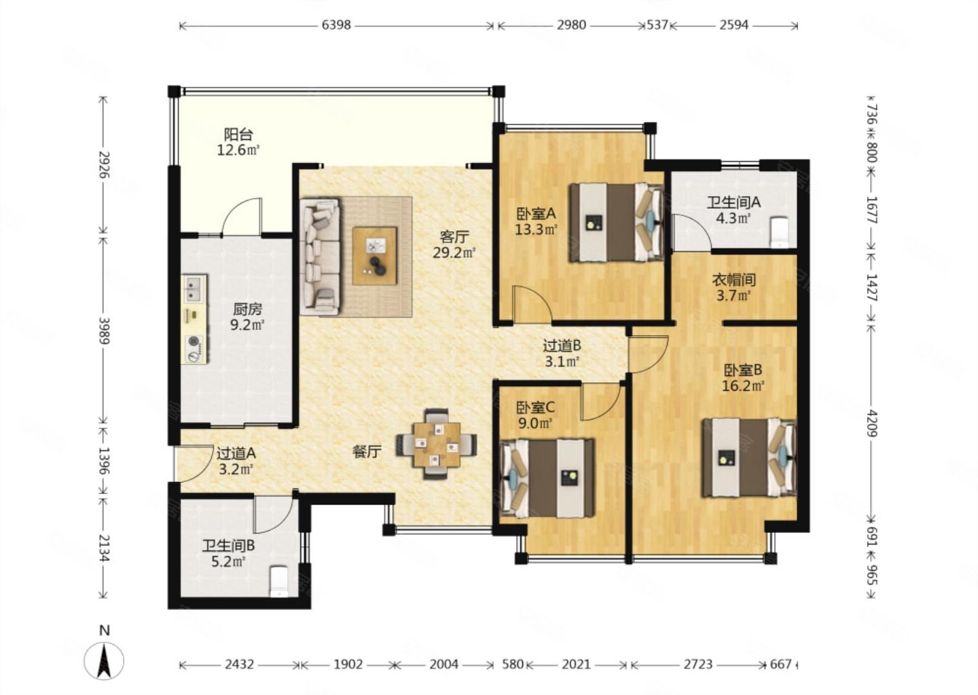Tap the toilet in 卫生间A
(780, 232)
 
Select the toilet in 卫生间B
(278, 581)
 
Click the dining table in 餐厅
(437, 444)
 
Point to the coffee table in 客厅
(375, 256)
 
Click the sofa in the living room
(321, 257)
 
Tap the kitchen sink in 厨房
(193, 288)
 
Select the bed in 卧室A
(616, 223)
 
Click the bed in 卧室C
(547, 478)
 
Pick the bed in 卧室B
(749, 458)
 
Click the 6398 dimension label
(336, 25)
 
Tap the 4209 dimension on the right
(871, 422)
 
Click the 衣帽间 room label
(733, 280)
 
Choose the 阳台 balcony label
(238, 134)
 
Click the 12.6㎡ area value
(238, 150)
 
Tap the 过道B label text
(562, 346)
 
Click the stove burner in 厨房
(194, 342)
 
